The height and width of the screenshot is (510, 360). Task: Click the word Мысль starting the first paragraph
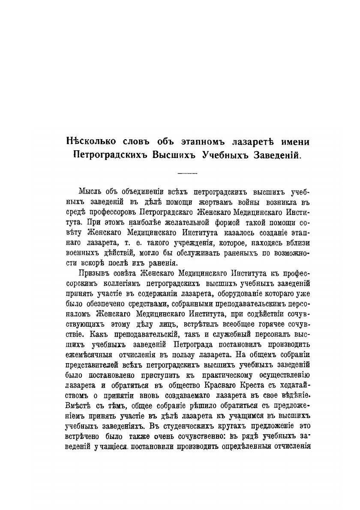tap(92, 191)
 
